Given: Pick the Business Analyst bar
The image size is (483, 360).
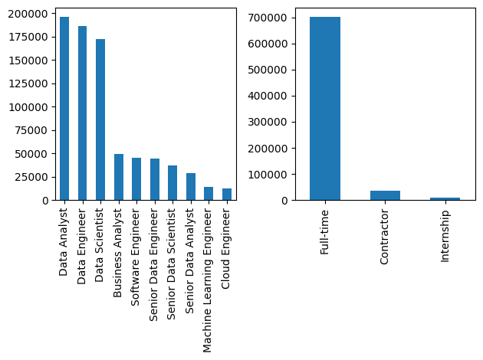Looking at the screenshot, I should click(119, 177).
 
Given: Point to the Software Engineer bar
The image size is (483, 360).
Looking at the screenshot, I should click(136, 179).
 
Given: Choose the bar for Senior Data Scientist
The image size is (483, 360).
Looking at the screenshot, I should click(172, 183).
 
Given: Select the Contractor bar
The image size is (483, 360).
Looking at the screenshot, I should click(385, 195).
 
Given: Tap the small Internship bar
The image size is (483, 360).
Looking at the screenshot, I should click(445, 198).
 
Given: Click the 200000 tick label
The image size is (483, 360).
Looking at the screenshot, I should click(28, 14).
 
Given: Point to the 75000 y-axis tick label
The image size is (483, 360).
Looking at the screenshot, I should click(31, 130).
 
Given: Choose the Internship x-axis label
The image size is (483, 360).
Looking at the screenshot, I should click(445, 237).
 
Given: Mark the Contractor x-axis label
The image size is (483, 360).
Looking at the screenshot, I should click(385, 238).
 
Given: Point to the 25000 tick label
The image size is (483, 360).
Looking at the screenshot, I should click(31, 177).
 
